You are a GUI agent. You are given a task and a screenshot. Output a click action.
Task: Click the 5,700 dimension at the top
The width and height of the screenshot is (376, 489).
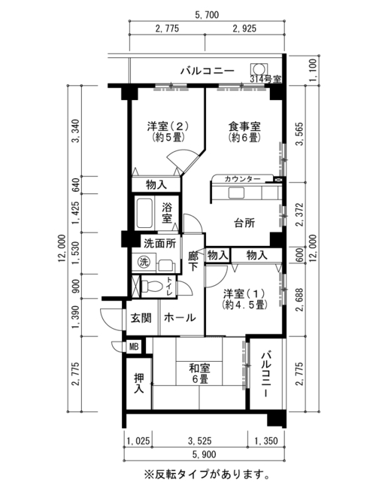point(207,14)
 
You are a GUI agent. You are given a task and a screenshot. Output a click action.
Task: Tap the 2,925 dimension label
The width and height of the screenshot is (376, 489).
point(244,29)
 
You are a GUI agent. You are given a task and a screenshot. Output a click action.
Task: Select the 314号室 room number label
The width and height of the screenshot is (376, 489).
point(265,79)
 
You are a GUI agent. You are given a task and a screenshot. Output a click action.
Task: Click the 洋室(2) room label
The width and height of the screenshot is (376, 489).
point(168,126)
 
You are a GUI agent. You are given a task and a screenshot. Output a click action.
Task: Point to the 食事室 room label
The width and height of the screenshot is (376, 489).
point(244,126)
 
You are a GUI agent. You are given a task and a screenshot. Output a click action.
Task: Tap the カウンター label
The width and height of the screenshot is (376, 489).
point(242,179)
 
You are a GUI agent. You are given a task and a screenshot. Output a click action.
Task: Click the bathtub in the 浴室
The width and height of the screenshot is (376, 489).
point(144,213)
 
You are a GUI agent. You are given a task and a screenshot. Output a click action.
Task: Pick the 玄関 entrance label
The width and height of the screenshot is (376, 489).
point(141,317)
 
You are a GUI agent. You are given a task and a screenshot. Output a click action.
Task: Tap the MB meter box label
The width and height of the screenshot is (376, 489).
point(134,347)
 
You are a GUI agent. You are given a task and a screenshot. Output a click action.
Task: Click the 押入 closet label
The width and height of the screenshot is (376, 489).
point(138,383)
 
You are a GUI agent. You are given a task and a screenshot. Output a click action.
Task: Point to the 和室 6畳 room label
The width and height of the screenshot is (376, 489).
point(199,374)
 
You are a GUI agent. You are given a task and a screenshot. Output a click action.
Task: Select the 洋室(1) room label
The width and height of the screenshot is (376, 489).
point(244,293)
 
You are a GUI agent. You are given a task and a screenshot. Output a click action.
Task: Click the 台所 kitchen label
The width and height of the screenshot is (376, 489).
point(244,223)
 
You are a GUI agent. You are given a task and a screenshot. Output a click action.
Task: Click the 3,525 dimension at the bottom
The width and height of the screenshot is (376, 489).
point(199,441)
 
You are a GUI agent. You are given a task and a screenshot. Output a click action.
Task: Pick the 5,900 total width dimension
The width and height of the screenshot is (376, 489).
point(205,454)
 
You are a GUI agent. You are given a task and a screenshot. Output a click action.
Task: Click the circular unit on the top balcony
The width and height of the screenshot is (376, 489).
point(259,68)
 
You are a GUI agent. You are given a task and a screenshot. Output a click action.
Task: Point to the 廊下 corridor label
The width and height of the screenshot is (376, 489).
point(193,261)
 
